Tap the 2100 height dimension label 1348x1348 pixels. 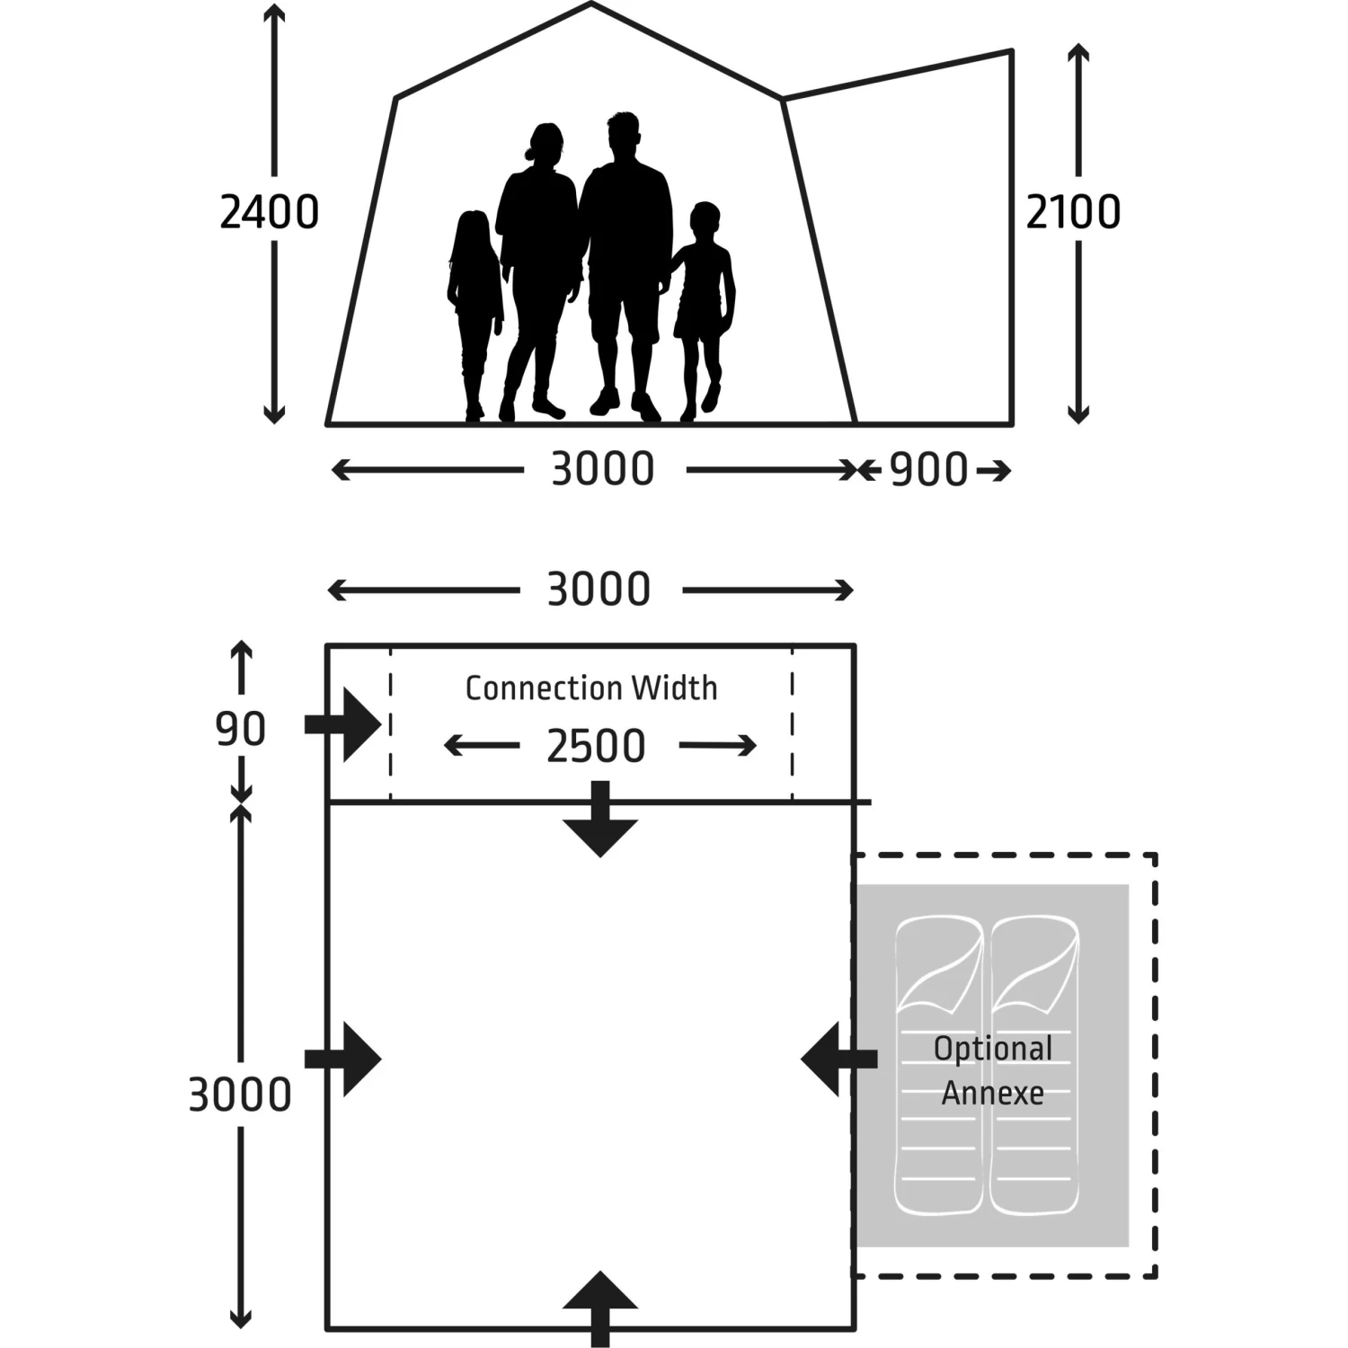pyautogui.click(x=1073, y=213)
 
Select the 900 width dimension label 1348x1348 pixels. pyautogui.click(x=928, y=470)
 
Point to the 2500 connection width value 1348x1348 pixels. pyautogui.click(x=597, y=746)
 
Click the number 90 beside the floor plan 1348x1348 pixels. pyautogui.click(x=241, y=729)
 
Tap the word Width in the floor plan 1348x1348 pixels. pyautogui.click(x=675, y=688)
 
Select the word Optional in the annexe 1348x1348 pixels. pyautogui.click(x=993, y=1049)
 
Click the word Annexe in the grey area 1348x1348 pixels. pyautogui.click(x=993, y=1094)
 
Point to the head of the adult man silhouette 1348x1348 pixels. pyautogui.click(x=624, y=135)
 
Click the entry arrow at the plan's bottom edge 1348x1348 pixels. pyautogui.click(x=600, y=1303)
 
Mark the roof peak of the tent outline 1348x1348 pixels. pyautogui.click(x=590, y=4)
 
